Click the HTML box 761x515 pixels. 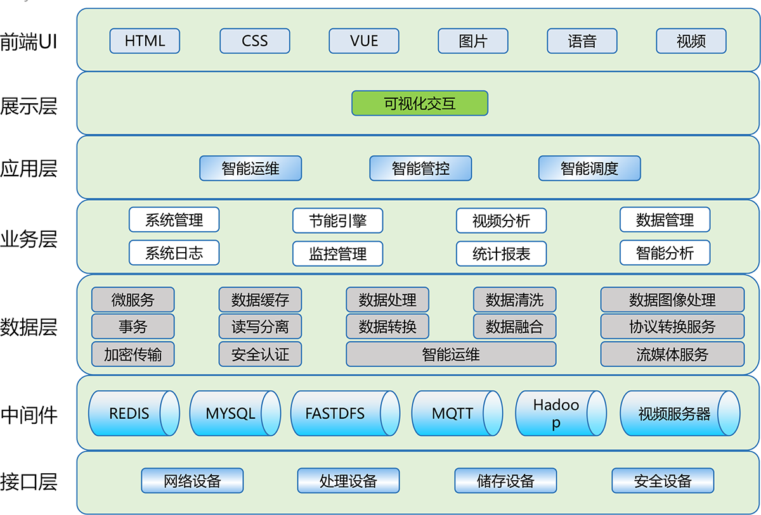point(145,41)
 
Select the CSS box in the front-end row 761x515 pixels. point(255,41)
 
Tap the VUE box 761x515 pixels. point(364,41)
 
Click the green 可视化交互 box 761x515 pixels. point(420,103)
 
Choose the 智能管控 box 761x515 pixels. point(420,168)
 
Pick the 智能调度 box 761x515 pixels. point(589,168)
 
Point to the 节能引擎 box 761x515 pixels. point(337,220)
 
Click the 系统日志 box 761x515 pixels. point(174,253)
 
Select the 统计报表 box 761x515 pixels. point(501,254)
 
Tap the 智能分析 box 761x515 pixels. point(665,253)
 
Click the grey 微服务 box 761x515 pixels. point(133,300)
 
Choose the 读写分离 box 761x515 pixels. point(260,327)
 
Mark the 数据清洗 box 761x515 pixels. point(514,300)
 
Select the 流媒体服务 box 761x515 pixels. point(672,355)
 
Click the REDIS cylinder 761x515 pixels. point(129,414)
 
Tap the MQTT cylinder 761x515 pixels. point(452,414)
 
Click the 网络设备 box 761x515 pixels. point(192,481)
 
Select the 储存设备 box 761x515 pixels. point(505,481)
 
